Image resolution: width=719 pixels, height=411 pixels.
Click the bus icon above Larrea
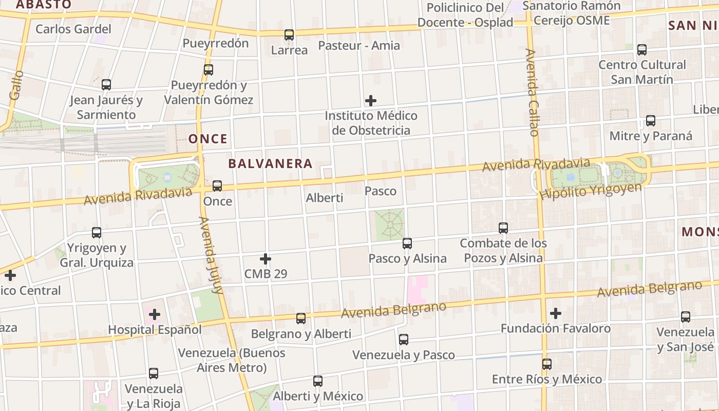pyautogui.click(x=289, y=35)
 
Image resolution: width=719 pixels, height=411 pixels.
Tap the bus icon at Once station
pyautogui.click(x=217, y=186)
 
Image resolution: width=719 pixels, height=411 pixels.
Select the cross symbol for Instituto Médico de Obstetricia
pyautogui.click(x=370, y=101)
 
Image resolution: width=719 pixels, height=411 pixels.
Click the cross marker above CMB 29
pyautogui.click(x=266, y=258)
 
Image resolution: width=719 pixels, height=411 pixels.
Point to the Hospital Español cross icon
pyautogui.click(x=155, y=314)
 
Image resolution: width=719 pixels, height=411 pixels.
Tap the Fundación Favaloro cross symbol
pyautogui.click(x=555, y=313)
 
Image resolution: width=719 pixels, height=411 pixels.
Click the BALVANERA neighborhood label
pyautogui.click(x=270, y=164)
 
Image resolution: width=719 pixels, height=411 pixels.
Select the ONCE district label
pyautogui.click(x=207, y=139)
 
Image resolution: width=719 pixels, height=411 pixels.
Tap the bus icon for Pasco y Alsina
pyautogui.click(x=407, y=243)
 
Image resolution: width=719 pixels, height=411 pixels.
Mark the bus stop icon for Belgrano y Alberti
pyautogui.click(x=301, y=319)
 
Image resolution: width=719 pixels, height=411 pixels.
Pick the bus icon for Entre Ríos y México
pyautogui.click(x=547, y=364)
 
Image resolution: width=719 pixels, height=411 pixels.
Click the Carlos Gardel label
pyautogui.click(x=73, y=29)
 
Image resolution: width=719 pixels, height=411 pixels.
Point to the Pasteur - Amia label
pyautogui.click(x=359, y=45)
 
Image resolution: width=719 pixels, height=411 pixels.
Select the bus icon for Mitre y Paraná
pyautogui.click(x=651, y=121)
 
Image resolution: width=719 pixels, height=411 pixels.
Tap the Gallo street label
pyautogui.click(x=16, y=85)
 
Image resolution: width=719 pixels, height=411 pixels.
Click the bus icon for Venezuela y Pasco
pyautogui.click(x=404, y=340)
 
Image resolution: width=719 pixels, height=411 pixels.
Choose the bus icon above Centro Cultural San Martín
pyautogui.click(x=642, y=50)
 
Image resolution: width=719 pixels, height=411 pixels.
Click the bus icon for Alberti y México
pyautogui.click(x=318, y=381)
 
